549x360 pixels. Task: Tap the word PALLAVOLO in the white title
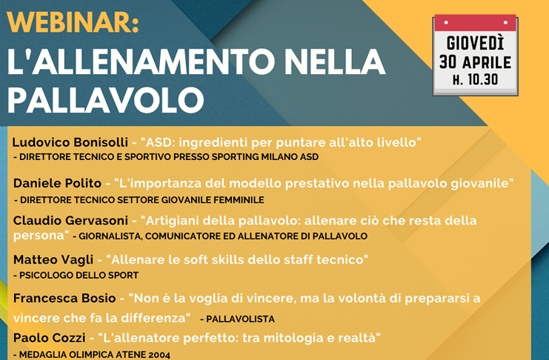coord(106,100)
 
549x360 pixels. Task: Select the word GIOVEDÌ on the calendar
coord(475,43)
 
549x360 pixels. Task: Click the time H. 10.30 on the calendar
coord(475,80)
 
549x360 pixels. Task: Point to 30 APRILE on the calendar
coord(475,62)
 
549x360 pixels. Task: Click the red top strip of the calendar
coord(476,23)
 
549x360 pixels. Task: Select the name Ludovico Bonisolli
coord(70,142)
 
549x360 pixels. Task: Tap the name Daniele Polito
coord(58,183)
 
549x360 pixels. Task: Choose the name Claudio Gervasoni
coord(70,221)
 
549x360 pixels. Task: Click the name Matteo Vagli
coord(53,260)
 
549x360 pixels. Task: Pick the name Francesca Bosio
coord(64,298)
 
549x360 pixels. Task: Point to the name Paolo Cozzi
coord(50,338)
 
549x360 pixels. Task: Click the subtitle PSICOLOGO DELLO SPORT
coord(79,276)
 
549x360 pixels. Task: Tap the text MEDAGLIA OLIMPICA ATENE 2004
coord(95,355)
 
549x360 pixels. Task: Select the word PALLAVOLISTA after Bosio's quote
coord(240,319)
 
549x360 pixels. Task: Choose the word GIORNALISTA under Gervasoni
coord(110,236)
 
